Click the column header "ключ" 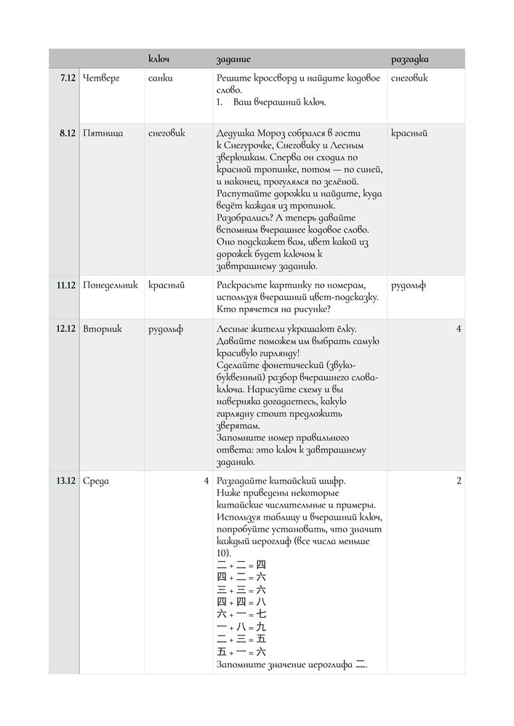click(x=158, y=58)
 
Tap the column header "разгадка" click(x=409, y=58)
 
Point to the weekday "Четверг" click(x=101, y=78)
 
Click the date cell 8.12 click(x=68, y=134)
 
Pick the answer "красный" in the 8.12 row click(x=409, y=134)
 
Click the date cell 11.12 click(x=66, y=285)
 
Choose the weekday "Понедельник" click(x=111, y=285)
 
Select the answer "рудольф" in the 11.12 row click(x=409, y=285)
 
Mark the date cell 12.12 click(x=66, y=329)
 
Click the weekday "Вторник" click(x=103, y=329)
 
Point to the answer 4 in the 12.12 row click(x=458, y=329)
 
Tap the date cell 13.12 click(x=66, y=481)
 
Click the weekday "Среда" click(x=96, y=481)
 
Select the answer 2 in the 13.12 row click(x=458, y=481)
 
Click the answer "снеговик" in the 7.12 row click(x=409, y=78)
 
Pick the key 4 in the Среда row click(x=206, y=481)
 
